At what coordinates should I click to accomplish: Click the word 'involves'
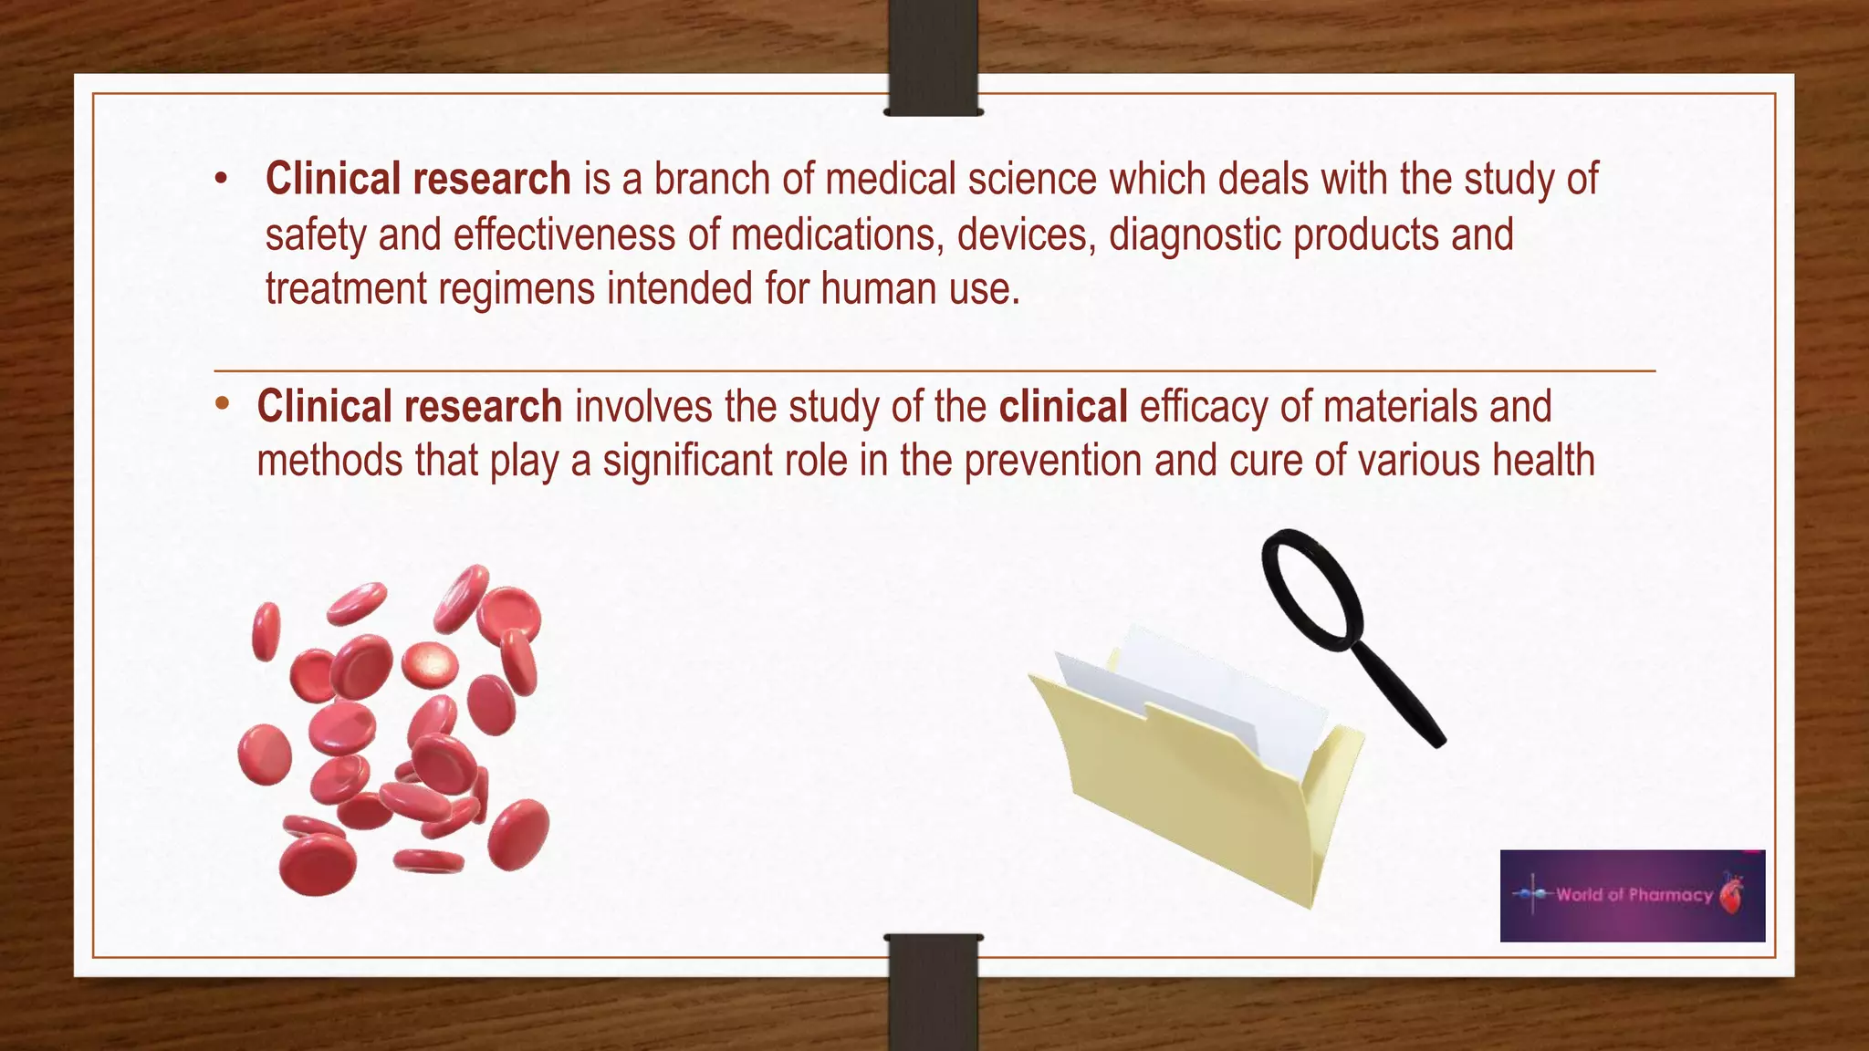(x=643, y=407)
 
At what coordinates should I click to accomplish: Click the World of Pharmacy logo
(x=1632, y=895)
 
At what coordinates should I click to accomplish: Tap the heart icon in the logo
(x=1731, y=893)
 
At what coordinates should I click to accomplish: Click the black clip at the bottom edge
(x=933, y=990)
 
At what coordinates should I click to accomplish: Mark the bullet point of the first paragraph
(x=221, y=180)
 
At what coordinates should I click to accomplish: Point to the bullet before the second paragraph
(x=222, y=404)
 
